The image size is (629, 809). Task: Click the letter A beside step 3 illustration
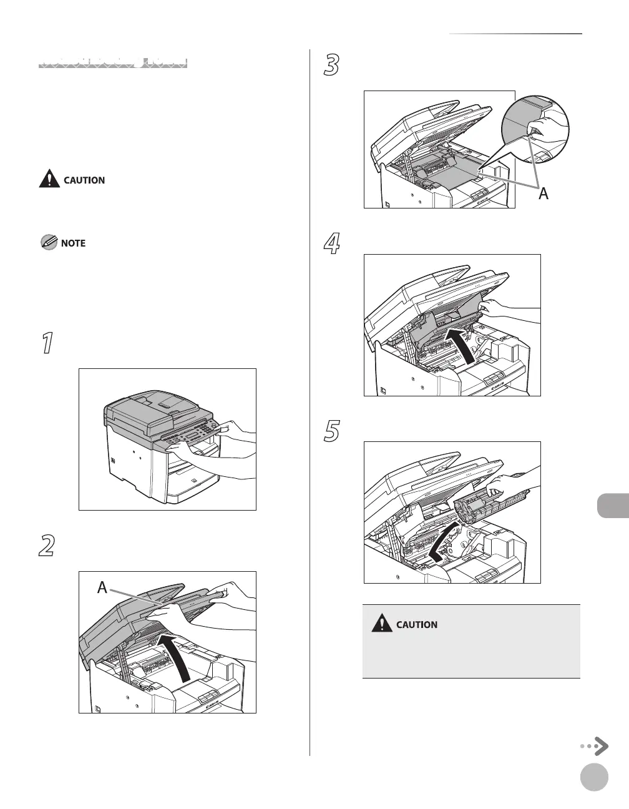click(x=544, y=194)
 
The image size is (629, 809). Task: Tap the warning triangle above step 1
click(x=49, y=180)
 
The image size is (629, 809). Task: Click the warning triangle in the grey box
click(x=381, y=624)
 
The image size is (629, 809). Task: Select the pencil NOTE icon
click(x=48, y=243)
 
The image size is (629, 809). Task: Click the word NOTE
click(x=73, y=243)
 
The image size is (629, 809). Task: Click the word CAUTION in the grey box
click(x=417, y=624)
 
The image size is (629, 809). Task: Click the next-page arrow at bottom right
click(x=595, y=746)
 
